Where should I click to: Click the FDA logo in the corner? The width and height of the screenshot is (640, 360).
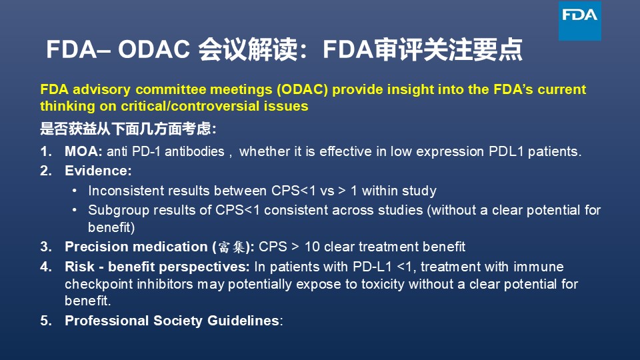[579, 21]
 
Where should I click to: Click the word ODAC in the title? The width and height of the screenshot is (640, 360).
[154, 49]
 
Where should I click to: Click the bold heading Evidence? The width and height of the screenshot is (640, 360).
[99, 171]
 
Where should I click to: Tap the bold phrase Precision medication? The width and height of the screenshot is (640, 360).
[136, 247]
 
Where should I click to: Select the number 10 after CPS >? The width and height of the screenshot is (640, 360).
[312, 247]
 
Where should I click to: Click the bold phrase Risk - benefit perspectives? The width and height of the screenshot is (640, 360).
[157, 267]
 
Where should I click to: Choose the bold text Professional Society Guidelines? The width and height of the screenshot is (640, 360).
[172, 321]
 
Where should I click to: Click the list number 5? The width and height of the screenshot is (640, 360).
[46, 321]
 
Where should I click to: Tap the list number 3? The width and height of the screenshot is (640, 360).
[46, 247]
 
